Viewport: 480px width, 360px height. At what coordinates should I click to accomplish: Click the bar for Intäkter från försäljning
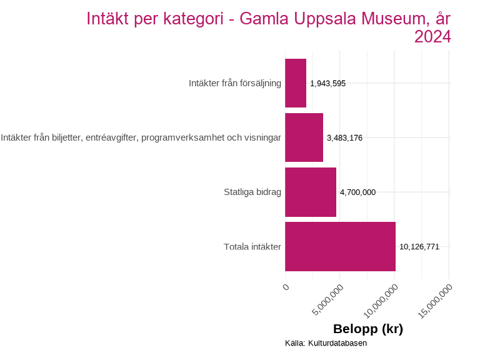coord(296,83)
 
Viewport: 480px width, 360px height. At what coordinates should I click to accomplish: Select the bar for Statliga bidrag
coord(311,192)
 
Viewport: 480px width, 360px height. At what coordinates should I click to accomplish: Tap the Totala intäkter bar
coord(340,246)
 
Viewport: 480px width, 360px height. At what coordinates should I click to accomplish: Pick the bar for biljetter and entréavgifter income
coord(304,137)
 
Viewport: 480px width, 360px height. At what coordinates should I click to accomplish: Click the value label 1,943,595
coord(327,83)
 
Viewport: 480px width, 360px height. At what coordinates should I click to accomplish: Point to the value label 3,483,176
coord(344,137)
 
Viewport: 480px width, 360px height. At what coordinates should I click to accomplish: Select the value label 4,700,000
coord(357,192)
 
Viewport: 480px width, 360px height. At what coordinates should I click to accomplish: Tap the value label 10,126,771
coord(419,247)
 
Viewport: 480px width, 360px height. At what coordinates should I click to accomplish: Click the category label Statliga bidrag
coord(252,192)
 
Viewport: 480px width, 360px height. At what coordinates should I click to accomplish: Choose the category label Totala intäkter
coord(252,247)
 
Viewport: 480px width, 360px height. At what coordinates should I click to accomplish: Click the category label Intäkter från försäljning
coord(235,83)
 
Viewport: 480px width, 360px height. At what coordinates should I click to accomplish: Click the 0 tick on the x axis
coord(286,287)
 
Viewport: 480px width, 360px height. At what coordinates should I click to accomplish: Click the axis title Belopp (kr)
coord(367,329)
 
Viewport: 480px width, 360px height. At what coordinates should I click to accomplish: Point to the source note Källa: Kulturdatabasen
coord(326,343)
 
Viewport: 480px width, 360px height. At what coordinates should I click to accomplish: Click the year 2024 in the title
coord(432,37)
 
